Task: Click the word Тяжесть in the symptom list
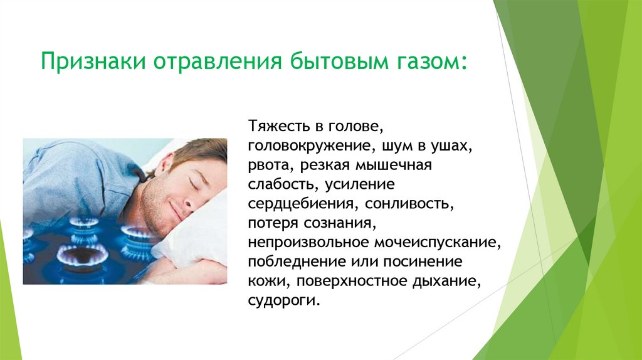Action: (x=276, y=127)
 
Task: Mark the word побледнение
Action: (x=290, y=262)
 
